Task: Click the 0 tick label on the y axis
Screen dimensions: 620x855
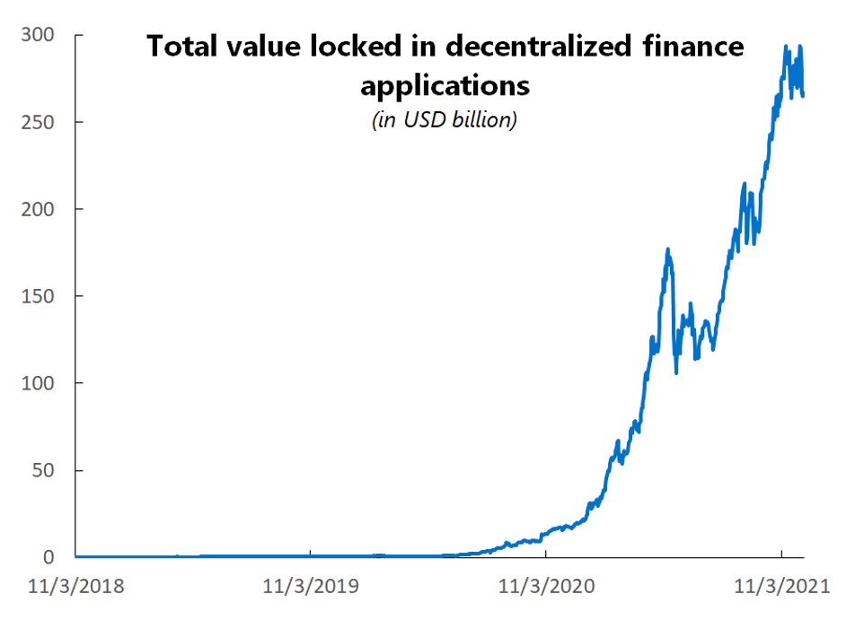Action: pyautogui.click(x=52, y=557)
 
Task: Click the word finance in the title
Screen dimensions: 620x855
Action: pyautogui.click(x=695, y=47)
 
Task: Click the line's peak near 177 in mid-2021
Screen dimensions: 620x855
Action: pyautogui.click(x=667, y=250)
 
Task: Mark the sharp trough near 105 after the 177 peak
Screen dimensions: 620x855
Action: pyautogui.click(x=676, y=372)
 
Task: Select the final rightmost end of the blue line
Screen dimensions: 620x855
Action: pyautogui.click(x=803, y=95)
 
